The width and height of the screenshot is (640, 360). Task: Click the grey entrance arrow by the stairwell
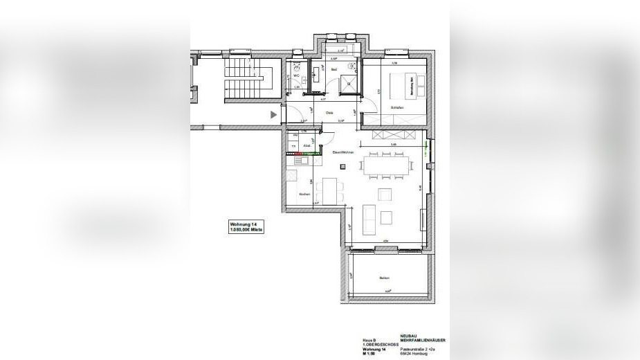pyautogui.click(x=274, y=114)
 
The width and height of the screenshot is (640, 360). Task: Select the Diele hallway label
pyautogui.click(x=330, y=113)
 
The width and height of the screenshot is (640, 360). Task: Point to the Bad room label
pyautogui.click(x=333, y=70)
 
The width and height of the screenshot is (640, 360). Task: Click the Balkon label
pyautogui.click(x=384, y=278)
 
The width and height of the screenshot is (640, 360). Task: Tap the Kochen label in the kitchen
pyautogui.click(x=303, y=195)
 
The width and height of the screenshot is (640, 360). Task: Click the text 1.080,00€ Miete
pyautogui.click(x=246, y=229)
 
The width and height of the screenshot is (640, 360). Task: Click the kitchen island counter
pyautogui.click(x=329, y=190)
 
